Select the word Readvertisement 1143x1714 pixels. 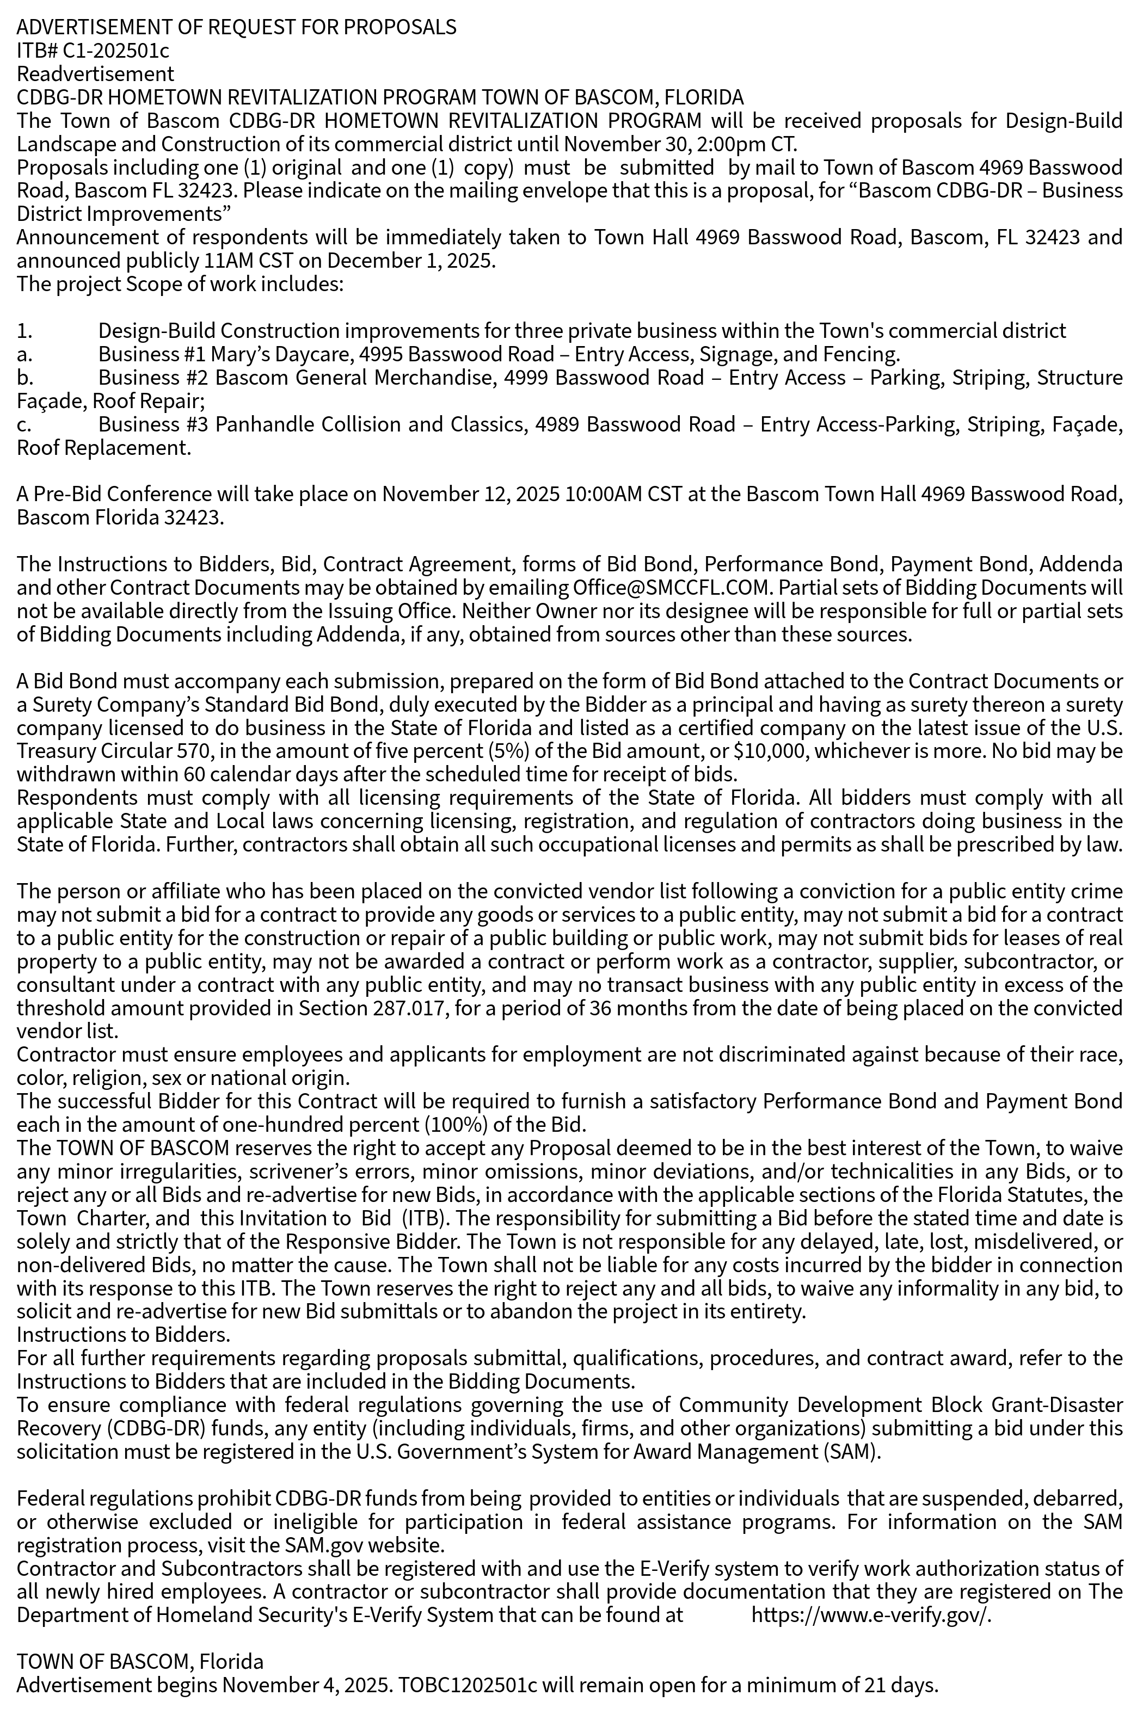coord(95,73)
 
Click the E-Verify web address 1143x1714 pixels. coord(871,1616)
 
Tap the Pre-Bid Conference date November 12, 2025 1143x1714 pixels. coord(470,494)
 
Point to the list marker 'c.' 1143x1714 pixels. coord(24,424)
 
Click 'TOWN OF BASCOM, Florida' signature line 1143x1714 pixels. coord(140,1662)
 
